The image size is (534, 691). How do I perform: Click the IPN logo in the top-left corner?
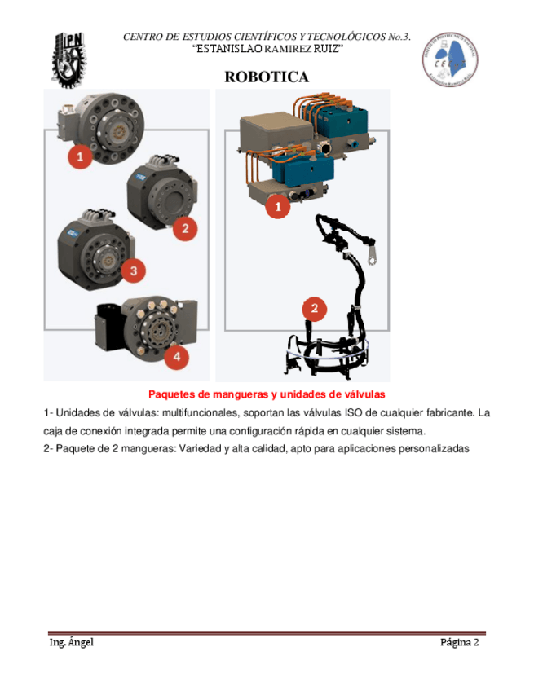tap(69, 59)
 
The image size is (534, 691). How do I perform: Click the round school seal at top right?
tap(450, 59)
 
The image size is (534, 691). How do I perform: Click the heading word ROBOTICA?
tap(267, 77)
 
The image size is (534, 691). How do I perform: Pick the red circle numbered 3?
tap(133, 269)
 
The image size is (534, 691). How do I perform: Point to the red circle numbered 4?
tap(176, 356)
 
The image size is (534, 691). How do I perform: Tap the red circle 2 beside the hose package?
tap(315, 309)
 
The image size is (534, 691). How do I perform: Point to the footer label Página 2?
tap(459, 642)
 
